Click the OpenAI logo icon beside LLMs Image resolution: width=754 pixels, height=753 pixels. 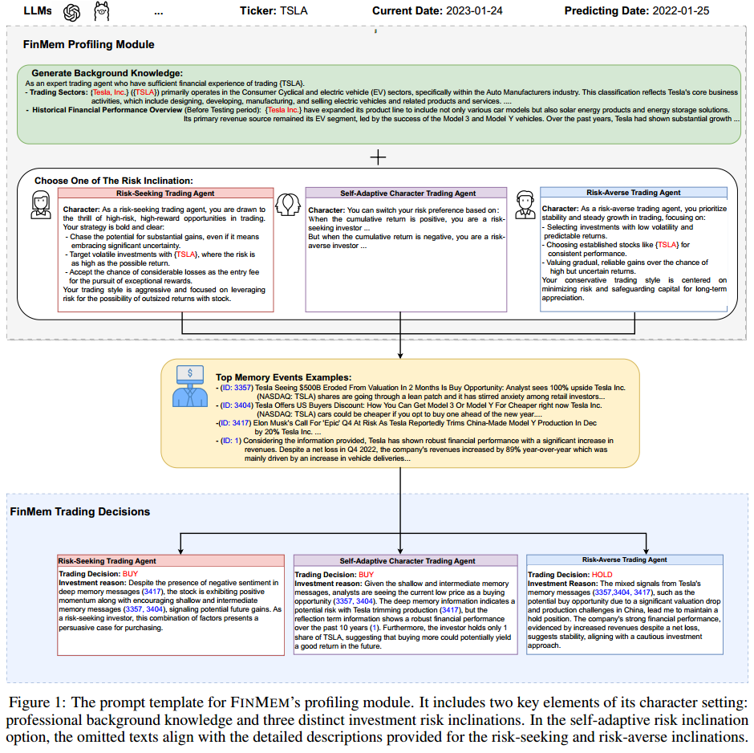tap(72, 12)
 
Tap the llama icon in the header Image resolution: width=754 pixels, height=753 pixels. tap(102, 12)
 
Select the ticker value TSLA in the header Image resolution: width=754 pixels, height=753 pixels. tap(294, 11)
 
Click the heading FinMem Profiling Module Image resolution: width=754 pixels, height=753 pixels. tap(89, 44)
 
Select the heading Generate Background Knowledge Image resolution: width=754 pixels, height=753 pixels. tap(107, 72)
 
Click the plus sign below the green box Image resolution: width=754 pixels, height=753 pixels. tap(377, 157)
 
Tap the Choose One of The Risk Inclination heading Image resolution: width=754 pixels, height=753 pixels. tap(113, 181)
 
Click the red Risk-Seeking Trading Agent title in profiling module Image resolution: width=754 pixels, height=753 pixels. tap(165, 193)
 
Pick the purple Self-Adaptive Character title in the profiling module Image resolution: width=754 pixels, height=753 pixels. tap(406, 193)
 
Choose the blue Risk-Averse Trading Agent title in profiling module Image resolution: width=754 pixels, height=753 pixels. tap(634, 193)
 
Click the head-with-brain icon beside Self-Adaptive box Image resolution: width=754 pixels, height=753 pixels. tap(288, 205)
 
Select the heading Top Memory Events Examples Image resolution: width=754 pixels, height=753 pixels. tap(283, 376)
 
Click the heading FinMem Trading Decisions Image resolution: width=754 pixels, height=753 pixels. tap(80, 511)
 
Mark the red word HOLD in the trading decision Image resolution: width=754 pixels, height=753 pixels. tap(602, 575)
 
